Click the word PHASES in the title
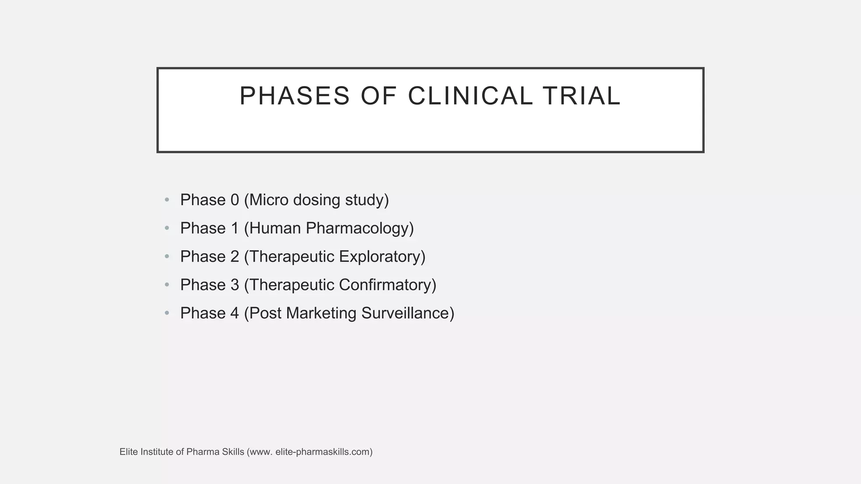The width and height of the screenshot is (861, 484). pos(294,96)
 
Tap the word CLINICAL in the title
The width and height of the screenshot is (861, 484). pos(470,96)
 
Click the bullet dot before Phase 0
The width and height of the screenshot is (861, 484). pos(167,200)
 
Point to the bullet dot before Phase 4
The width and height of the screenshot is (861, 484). pos(167,313)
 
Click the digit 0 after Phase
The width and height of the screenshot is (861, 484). pos(235,200)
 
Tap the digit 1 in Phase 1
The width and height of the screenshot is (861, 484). pos(235,228)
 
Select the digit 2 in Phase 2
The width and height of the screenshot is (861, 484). pos(235,257)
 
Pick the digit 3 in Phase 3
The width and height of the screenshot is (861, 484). pos(235,285)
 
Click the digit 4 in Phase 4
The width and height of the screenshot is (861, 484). pos(235,313)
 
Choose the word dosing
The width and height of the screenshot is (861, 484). pos(317,200)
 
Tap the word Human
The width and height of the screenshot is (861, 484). pos(275,228)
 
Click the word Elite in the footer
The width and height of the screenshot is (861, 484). pos(128,452)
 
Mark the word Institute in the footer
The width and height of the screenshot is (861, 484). pos(156,452)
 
